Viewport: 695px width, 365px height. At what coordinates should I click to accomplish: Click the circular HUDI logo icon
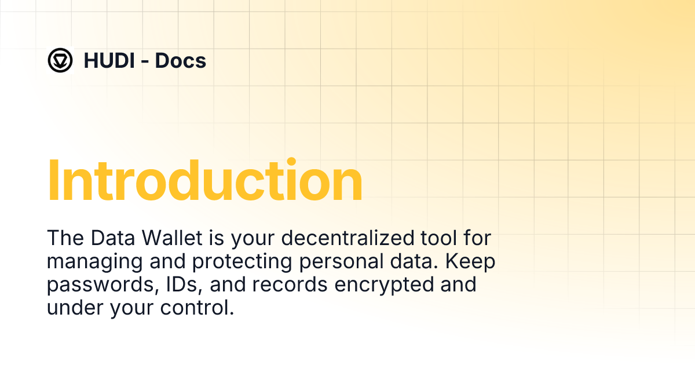[60, 60]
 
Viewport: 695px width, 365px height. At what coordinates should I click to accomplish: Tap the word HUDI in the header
[110, 60]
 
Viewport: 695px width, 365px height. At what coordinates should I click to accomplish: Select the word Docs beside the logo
[181, 60]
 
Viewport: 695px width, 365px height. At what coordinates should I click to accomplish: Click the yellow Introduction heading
[204, 181]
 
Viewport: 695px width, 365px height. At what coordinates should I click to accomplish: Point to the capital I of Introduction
[53, 181]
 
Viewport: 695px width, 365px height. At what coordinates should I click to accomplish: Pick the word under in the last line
[74, 308]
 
